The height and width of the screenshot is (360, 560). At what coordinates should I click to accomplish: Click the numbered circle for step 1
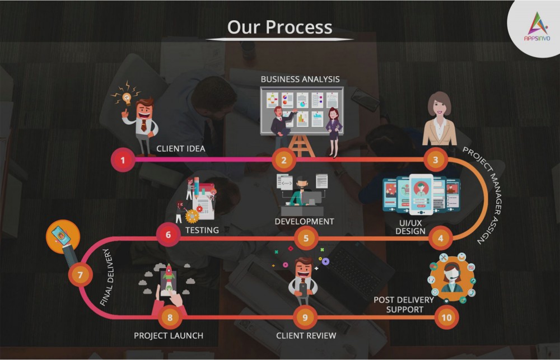point(123,160)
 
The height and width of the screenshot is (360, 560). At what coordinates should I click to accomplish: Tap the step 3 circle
point(435,160)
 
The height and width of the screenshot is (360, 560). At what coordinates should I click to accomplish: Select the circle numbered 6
point(168,235)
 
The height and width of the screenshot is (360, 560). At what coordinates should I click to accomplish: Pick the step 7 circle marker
point(80,275)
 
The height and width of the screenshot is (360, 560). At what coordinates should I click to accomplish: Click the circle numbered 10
point(446,317)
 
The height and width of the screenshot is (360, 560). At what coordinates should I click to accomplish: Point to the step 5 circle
point(306,238)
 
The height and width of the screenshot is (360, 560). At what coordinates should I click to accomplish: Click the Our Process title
point(279,27)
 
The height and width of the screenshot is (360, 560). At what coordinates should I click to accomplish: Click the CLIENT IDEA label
point(181,148)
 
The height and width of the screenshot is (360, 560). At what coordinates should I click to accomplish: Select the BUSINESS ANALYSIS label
point(300,79)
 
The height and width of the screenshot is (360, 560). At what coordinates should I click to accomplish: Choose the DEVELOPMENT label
point(304,221)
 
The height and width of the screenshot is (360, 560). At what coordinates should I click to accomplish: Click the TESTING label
point(202,230)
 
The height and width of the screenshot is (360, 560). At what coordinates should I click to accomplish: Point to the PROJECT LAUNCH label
point(169,336)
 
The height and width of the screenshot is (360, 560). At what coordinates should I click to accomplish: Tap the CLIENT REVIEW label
point(306,336)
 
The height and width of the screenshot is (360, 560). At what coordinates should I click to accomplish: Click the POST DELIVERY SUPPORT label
point(404,305)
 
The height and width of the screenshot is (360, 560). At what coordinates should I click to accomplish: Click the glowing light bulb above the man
point(127,97)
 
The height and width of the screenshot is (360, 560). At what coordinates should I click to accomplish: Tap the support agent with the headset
point(452,278)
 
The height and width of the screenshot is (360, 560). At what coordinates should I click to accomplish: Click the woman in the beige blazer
point(439,119)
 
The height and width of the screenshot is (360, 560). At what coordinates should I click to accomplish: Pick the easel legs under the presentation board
point(301,146)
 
